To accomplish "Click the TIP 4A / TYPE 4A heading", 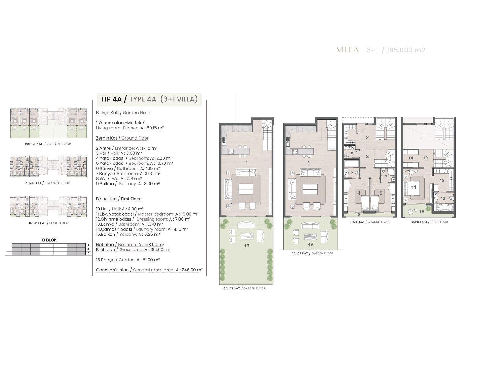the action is [149, 99].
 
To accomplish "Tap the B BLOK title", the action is [49, 240].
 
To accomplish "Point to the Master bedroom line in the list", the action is [147, 214].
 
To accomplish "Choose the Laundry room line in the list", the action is [142, 229].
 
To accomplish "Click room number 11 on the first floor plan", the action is [413, 187].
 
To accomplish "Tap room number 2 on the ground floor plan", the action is [367, 137].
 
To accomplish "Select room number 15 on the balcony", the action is [422, 212].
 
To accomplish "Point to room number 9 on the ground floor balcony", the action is [359, 214].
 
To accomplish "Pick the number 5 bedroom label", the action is [381, 193].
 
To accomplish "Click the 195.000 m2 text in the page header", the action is [406, 50].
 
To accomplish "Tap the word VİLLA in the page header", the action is [348, 50].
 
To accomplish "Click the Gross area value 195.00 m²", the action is [157, 249].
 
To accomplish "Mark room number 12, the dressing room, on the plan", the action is [442, 181].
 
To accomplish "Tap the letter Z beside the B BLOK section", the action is [88, 249].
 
